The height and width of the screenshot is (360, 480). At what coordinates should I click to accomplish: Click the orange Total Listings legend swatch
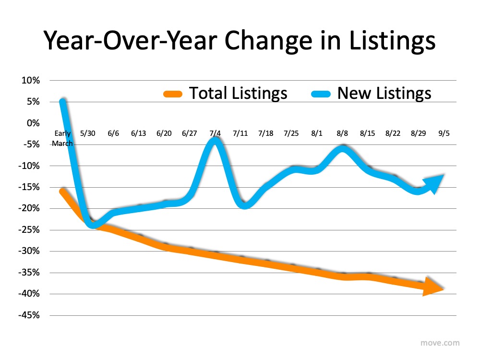pos(171,93)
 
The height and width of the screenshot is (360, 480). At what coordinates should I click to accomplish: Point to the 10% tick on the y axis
pos(30,81)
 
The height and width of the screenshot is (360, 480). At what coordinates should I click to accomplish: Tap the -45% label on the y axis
pos(29,315)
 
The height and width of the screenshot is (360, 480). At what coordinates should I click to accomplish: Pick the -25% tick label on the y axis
pos(29,230)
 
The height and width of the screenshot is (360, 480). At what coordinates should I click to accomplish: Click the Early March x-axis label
pos(62,138)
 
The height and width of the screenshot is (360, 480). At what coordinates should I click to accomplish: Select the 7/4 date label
pos(215,133)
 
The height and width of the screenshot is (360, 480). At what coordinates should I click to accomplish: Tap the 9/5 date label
pos(445,133)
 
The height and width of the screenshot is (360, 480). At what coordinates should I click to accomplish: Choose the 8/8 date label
pos(342,133)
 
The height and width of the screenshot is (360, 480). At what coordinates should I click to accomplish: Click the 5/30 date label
pos(88,133)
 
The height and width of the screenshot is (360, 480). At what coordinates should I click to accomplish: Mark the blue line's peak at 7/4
pos(216,140)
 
